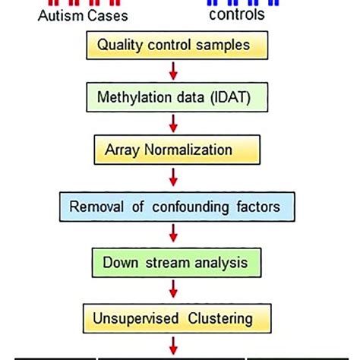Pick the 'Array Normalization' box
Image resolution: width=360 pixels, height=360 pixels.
pyautogui.click(x=173, y=150)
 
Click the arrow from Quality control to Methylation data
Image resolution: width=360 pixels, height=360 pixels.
pyautogui.click(x=174, y=71)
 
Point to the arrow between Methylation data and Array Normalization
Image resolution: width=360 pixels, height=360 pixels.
pyautogui.click(x=174, y=124)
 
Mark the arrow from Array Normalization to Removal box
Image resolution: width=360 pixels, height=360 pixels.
pyautogui.click(x=174, y=177)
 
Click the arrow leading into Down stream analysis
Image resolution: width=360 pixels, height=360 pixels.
pyautogui.click(x=174, y=233)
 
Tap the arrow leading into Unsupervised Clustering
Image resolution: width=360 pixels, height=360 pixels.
pyautogui.click(x=174, y=288)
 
